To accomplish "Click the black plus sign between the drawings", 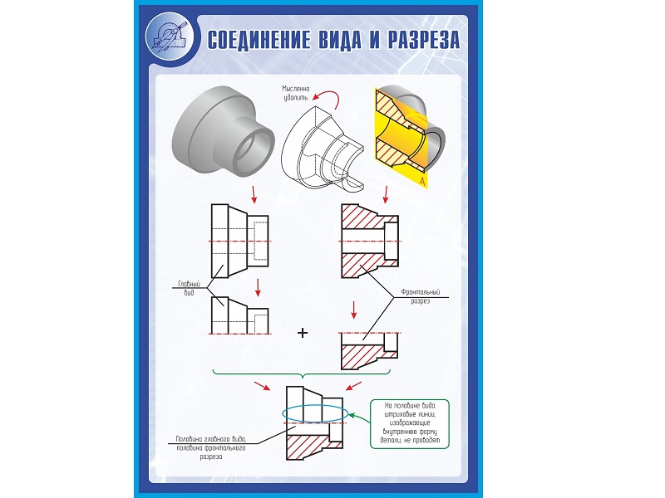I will click(303, 333).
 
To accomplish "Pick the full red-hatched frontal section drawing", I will click(370, 241).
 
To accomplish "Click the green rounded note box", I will click(410, 424).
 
